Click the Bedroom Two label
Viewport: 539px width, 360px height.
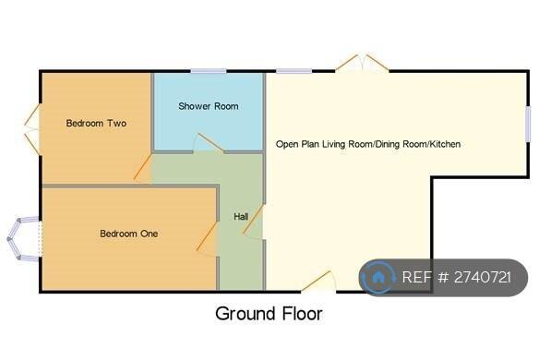pyautogui.click(x=96, y=123)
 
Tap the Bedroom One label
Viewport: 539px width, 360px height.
pyautogui.click(x=128, y=234)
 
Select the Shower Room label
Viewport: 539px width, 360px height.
pyautogui.click(x=208, y=106)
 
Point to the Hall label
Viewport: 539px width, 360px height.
pyautogui.click(x=241, y=217)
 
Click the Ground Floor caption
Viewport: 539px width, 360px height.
pyautogui.click(x=269, y=314)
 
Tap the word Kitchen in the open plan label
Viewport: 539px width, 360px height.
pyautogui.click(x=445, y=144)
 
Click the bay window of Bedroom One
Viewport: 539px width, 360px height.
pyautogui.click(x=22, y=239)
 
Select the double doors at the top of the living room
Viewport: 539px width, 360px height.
pyautogui.click(x=362, y=64)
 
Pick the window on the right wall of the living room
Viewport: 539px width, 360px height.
pyautogui.click(x=528, y=125)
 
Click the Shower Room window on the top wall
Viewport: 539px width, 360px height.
pyautogui.click(x=209, y=71)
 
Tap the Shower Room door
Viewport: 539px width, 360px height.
pyautogui.click(x=208, y=143)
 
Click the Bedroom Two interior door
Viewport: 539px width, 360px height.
pyautogui.click(x=143, y=168)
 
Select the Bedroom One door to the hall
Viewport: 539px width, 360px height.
pyautogui.click(x=209, y=240)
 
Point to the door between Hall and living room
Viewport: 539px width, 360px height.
pyautogui.click(x=256, y=222)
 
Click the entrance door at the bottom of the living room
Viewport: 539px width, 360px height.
pyautogui.click(x=318, y=282)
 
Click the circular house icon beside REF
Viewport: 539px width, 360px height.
pyautogui.click(x=378, y=277)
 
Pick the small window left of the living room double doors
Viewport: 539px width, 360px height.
pyautogui.click(x=293, y=71)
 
